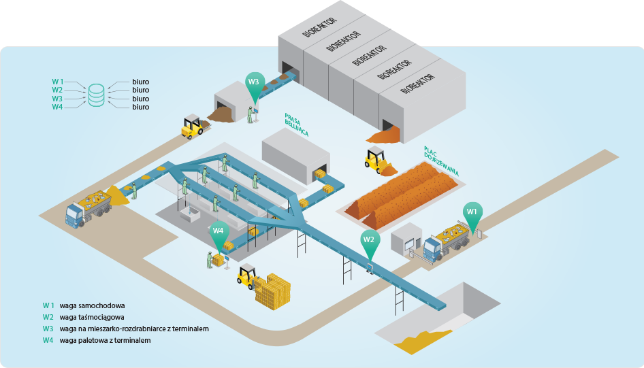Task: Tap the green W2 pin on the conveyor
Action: (x=369, y=239)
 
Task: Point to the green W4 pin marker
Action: (x=218, y=231)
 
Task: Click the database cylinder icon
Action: (x=97, y=95)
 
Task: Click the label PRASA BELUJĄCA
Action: (x=296, y=125)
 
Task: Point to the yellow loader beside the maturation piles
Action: (x=375, y=159)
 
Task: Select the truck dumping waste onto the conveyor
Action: (x=88, y=206)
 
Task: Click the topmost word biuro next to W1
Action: (x=140, y=81)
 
